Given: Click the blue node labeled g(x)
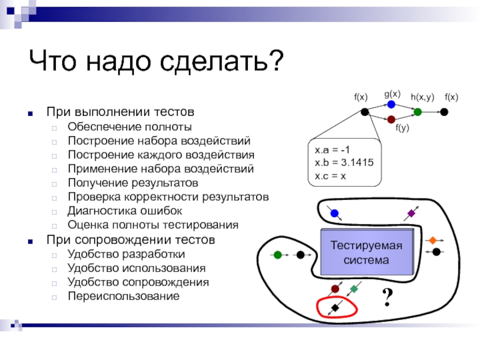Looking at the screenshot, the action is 391,104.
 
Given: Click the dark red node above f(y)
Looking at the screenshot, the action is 391,119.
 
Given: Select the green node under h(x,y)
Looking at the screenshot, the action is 418,112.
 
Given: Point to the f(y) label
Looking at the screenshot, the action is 402,128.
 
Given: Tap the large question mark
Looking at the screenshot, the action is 388,296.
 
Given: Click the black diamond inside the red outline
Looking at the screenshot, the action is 335,308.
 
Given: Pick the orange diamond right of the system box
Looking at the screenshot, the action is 432,241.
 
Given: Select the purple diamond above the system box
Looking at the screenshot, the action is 412,213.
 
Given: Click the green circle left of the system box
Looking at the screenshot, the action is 278,254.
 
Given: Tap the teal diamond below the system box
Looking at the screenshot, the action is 354,289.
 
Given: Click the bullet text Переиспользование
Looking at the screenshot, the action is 123,296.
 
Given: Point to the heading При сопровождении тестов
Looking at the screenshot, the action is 130,239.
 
